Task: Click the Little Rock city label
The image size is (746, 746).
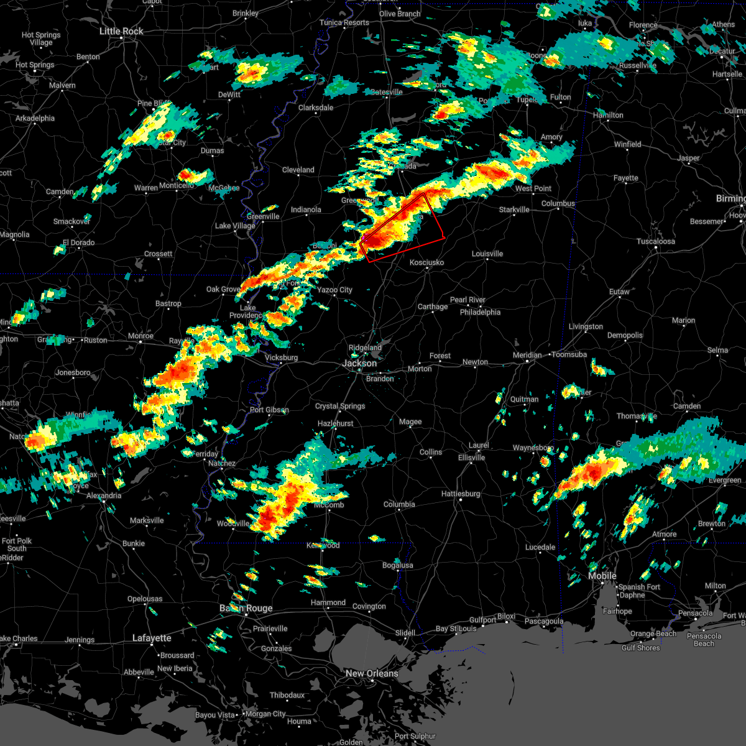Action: pyautogui.click(x=121, y=31)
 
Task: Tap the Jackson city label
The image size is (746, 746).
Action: pyautogui.click(x=360, y=363)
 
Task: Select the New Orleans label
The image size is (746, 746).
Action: pyautogui.click(x=372, y=673)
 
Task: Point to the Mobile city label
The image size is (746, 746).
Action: pyautogui.click(x=602, y=576)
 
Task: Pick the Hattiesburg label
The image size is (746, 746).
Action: pyautogui.click(x=461, y=494)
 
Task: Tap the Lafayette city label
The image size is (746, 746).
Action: pyautogui.click(x=152, y=638)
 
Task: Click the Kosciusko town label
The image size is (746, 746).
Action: pyautogui.click(x=426, y=262)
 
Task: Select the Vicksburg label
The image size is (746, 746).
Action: pyautogui.click(x=281, y=357)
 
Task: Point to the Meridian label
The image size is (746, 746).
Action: pyautogui.click(x=527, y=355)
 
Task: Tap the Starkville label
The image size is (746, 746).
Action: pyautogui.click(x=514, y=210)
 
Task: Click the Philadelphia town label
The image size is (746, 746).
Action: pyautogui.click(x=480, y=312)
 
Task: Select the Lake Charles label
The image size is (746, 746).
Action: pyautogui.click(x=17, y=638)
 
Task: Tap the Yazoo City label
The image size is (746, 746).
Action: pyautogui.click(x=334, y=290)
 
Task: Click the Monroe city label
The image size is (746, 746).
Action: pyautogui.click(x=140, y=336)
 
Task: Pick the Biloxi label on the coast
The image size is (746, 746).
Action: pyautogui.click(x=506, y=617)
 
